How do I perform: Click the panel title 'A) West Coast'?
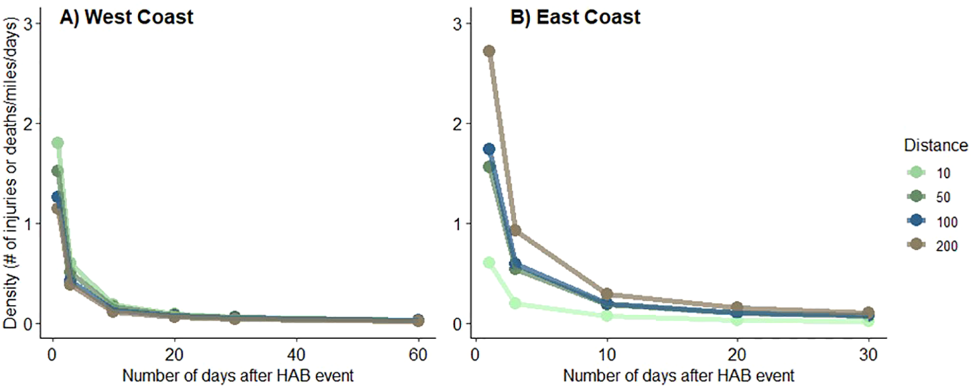pyautogui.click(x=126, y=17)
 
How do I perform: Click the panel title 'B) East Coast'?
pyautogui.click(x=575, y=17)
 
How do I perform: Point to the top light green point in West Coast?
pyautogui.click(x=58, y=143)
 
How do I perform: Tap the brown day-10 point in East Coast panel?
pyautogui.click(x=607, y=294)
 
